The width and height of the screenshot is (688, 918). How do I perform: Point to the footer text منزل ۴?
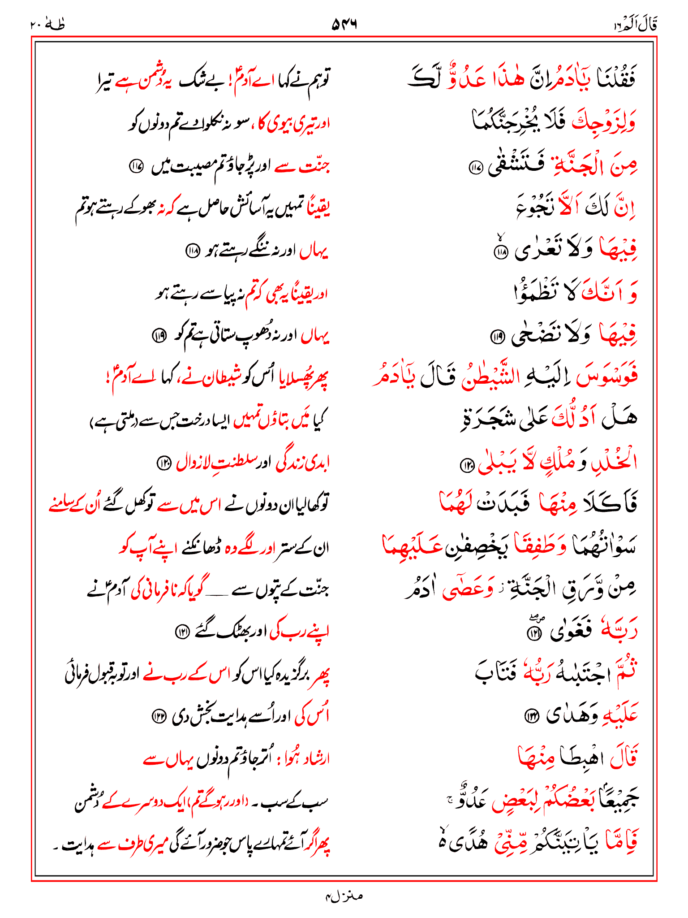tap(344, 896)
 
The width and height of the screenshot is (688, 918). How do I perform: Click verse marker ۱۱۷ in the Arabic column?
tap(475, 168)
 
